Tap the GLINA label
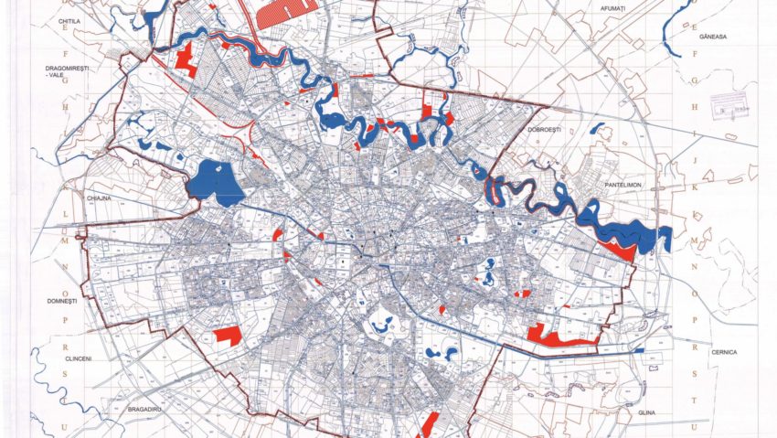tap(640, 413)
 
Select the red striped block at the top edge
tap(285, 11)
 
